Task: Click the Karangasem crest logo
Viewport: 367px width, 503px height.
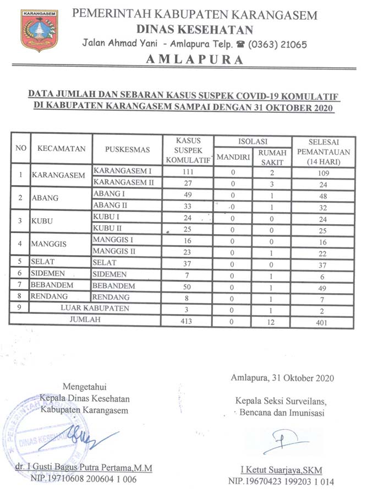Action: (39, 31)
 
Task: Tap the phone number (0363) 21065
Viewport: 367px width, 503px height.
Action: (278, 44)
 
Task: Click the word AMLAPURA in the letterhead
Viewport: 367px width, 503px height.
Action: (195, 60)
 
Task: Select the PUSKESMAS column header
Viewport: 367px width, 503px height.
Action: (126, 149)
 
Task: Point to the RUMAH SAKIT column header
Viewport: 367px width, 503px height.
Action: (271, 157)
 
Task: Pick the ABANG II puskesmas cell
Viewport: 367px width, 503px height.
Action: (111, 207)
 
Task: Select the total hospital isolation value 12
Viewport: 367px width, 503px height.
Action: (271, 321)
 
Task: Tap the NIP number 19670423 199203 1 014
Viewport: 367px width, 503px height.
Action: (281, 481)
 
